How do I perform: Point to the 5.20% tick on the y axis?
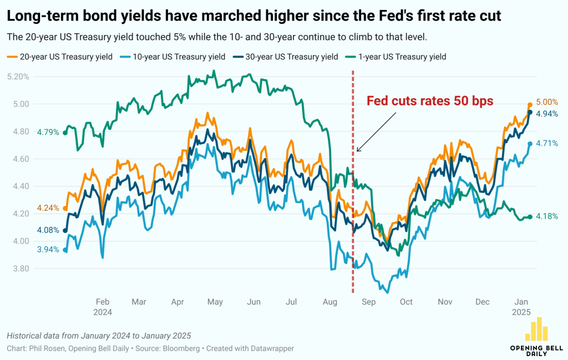click(x=17, y=77)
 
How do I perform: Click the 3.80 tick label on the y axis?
click(x=19, y=268)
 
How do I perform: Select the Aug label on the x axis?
click(x=330, y=302)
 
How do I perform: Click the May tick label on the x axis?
click(x=215, y=302)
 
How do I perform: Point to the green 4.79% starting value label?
click(x=48, y=132)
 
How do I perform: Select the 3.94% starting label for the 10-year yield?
click(x=48, y=250)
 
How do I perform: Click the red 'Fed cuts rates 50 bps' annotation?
click(x=429, y=101)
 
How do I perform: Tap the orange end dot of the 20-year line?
click(x=530, y=105)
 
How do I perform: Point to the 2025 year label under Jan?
click(x=522, y=312)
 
